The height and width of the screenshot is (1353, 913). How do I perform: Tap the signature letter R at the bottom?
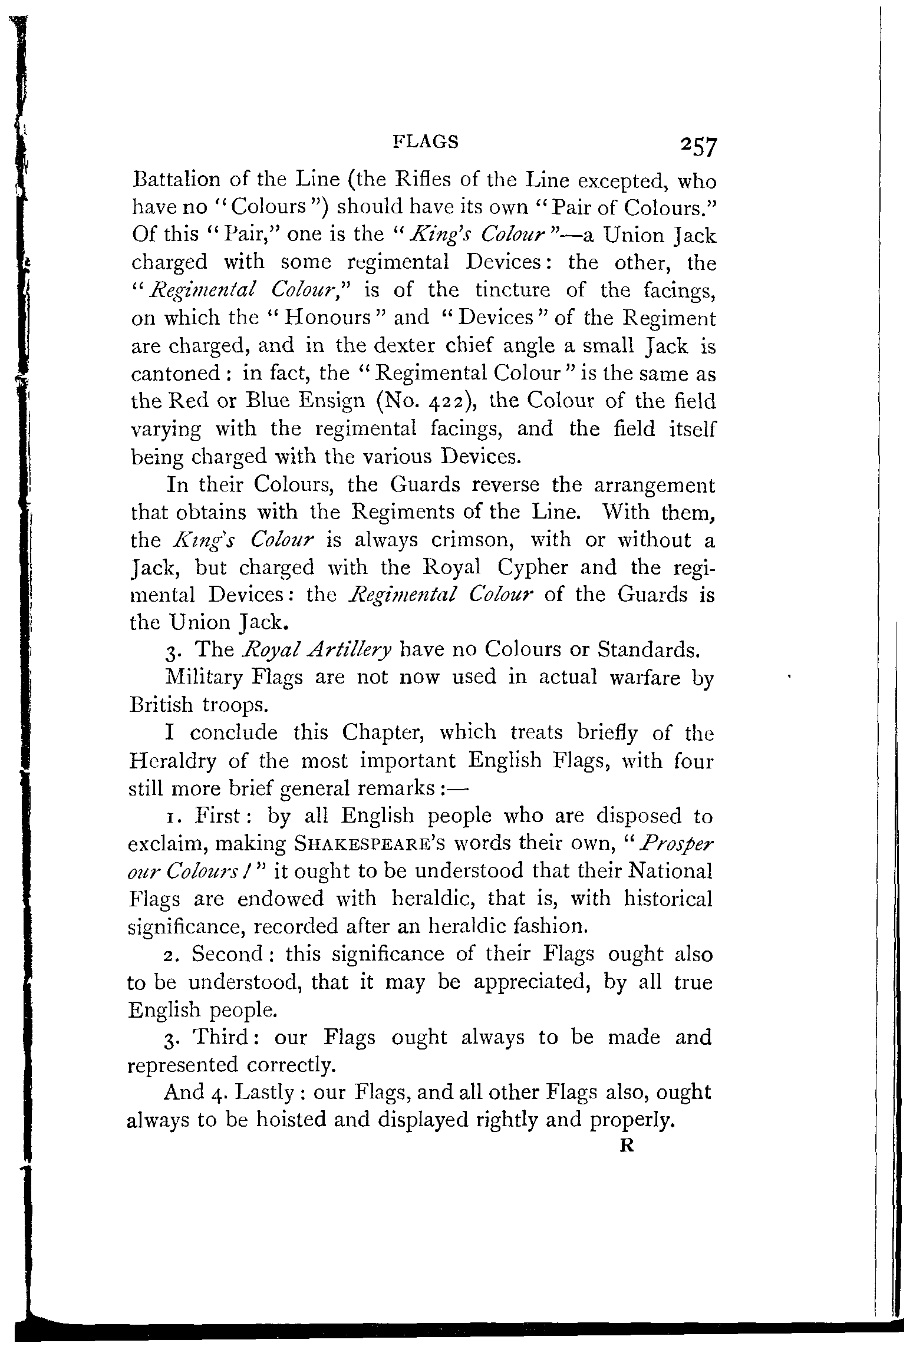click(627, 1146)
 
